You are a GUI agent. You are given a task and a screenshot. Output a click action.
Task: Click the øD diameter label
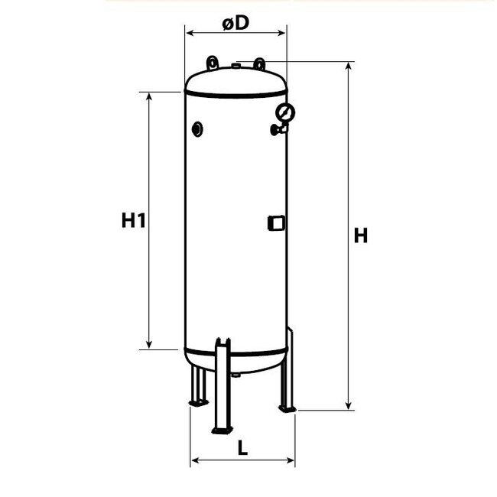tap(236, 22)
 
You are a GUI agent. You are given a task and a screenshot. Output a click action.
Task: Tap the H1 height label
tap(133, 221)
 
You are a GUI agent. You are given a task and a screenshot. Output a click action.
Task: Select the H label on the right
tap(360, 236)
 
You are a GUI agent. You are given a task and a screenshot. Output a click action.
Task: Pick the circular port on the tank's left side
tap(198, 129)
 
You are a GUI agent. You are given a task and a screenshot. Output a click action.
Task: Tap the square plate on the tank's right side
tap(276, 223)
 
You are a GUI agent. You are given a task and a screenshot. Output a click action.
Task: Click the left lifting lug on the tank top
tap(211, 62)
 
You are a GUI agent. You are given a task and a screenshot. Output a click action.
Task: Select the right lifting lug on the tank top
tap(260, 62)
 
